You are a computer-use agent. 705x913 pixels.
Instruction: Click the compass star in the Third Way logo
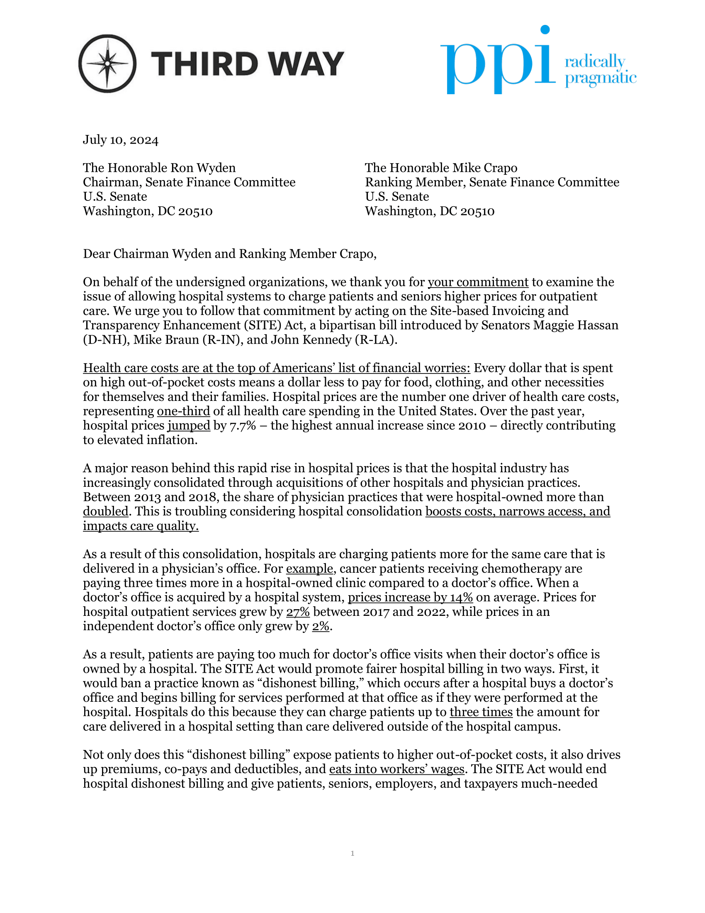click(x=107, y=63)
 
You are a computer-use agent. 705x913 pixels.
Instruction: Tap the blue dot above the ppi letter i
click(x=545, y=30)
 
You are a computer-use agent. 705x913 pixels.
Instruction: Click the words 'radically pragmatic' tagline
click(x=600, y=70)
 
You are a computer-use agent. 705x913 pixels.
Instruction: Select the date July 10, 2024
click(x=121, y=139)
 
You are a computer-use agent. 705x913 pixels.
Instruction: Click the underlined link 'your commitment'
click(x=478, y=282)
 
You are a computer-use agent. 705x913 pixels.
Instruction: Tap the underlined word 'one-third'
click(x=183, y=411)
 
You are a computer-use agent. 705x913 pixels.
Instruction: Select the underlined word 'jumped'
click(x=189, y=425)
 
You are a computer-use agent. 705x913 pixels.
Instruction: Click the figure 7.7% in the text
click(x=243, y=425)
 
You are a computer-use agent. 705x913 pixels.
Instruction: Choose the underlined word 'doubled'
click(x=106, y=511)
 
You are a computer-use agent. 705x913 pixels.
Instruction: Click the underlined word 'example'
click(x=309, y=569)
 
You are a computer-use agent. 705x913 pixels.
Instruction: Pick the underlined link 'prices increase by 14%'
click(x=410, y=597)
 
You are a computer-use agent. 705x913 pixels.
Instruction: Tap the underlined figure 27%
click(x=298, y=612)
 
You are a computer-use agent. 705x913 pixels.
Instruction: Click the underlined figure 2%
click(x=320, y=626)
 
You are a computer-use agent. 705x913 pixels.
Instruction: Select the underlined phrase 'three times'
click(x=481, y=712)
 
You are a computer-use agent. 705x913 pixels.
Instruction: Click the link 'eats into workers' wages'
click(x=396, y=769)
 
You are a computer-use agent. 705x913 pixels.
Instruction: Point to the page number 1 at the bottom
click(x=352, y=853)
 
